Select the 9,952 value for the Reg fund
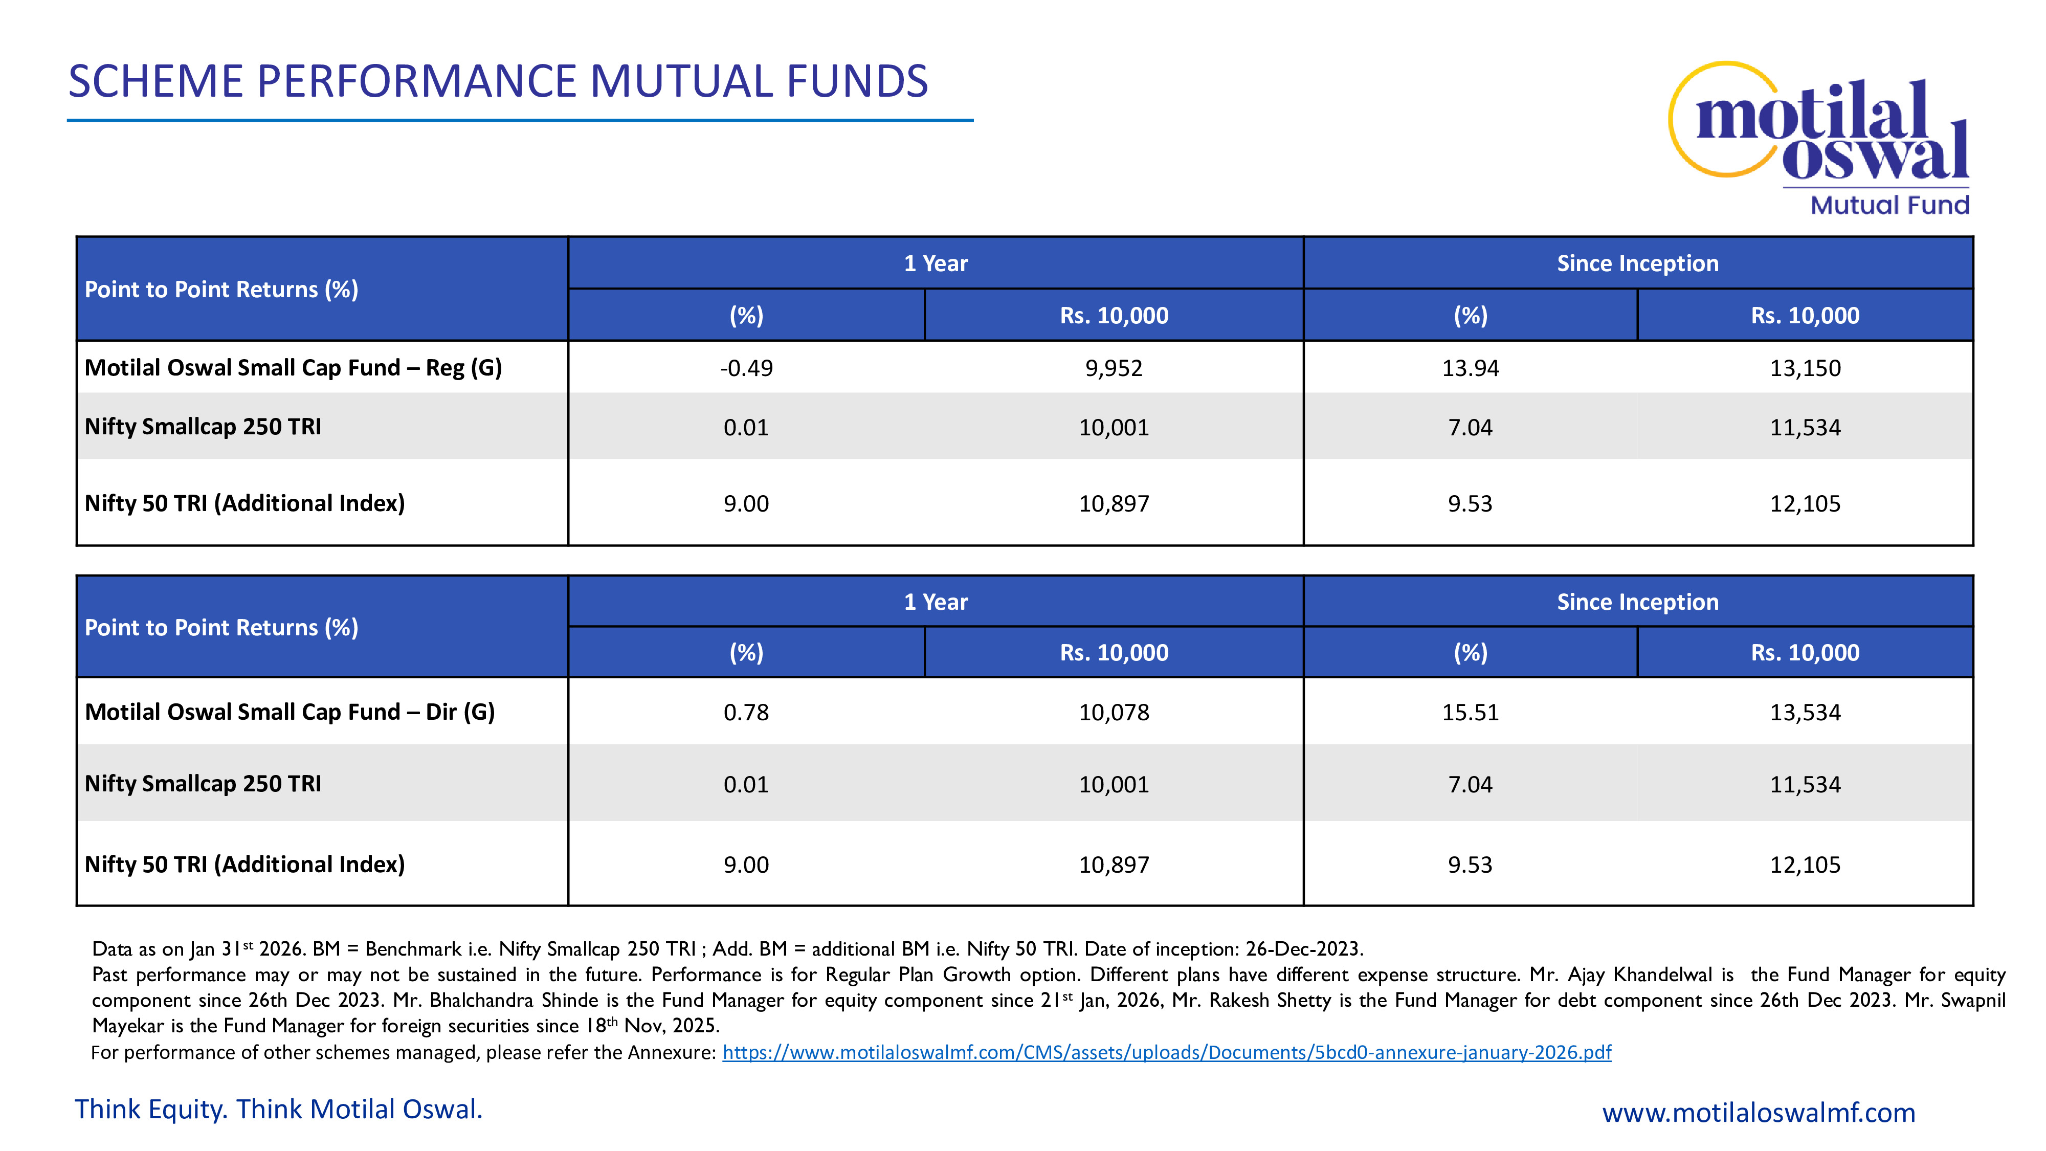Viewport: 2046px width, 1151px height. (x=1114, y=368)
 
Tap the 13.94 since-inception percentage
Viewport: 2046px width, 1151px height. (x=1470, y=368)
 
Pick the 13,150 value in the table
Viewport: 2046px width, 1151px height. (x=1805, y=368)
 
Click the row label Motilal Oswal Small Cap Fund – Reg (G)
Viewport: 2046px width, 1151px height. (x=293, y=368)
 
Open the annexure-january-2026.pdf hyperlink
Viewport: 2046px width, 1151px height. (x=1167, y=1052)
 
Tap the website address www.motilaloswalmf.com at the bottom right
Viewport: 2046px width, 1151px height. (x=1759, y=1112)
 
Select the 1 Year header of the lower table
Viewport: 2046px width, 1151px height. (x=936, y=602)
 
